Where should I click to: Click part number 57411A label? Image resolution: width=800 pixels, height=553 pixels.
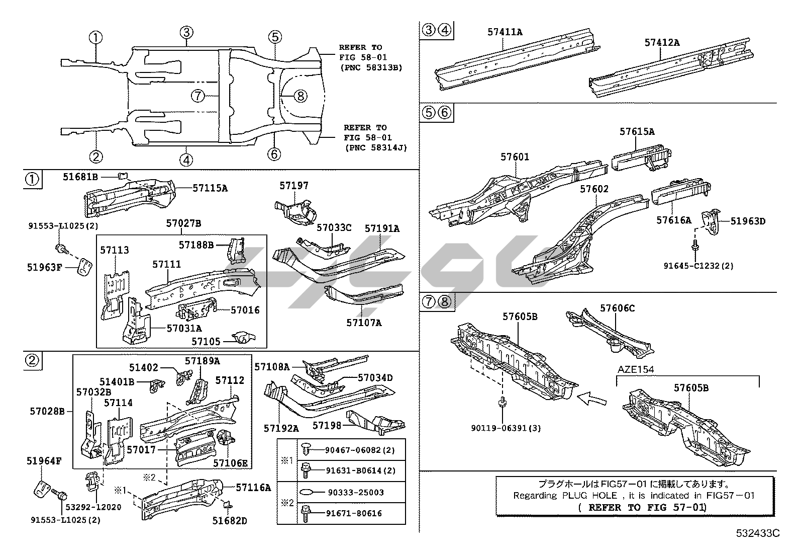coord(505,32)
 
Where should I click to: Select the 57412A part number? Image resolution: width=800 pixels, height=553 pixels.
coord(662,43)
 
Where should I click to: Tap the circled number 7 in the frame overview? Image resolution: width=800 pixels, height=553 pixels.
coord(198,96)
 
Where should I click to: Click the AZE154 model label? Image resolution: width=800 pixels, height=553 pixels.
coord(636,369)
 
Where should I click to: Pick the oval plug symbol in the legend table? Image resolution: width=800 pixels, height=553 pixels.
coord(308,492)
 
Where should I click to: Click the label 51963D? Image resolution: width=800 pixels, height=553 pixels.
coord(748,221)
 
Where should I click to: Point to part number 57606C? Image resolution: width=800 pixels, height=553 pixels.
coord(617,308)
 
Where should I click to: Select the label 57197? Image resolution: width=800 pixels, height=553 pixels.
coord(294,186)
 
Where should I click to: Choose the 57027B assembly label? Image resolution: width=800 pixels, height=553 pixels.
coord(184,223)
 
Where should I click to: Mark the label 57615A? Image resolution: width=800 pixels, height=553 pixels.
coord(637,132)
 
